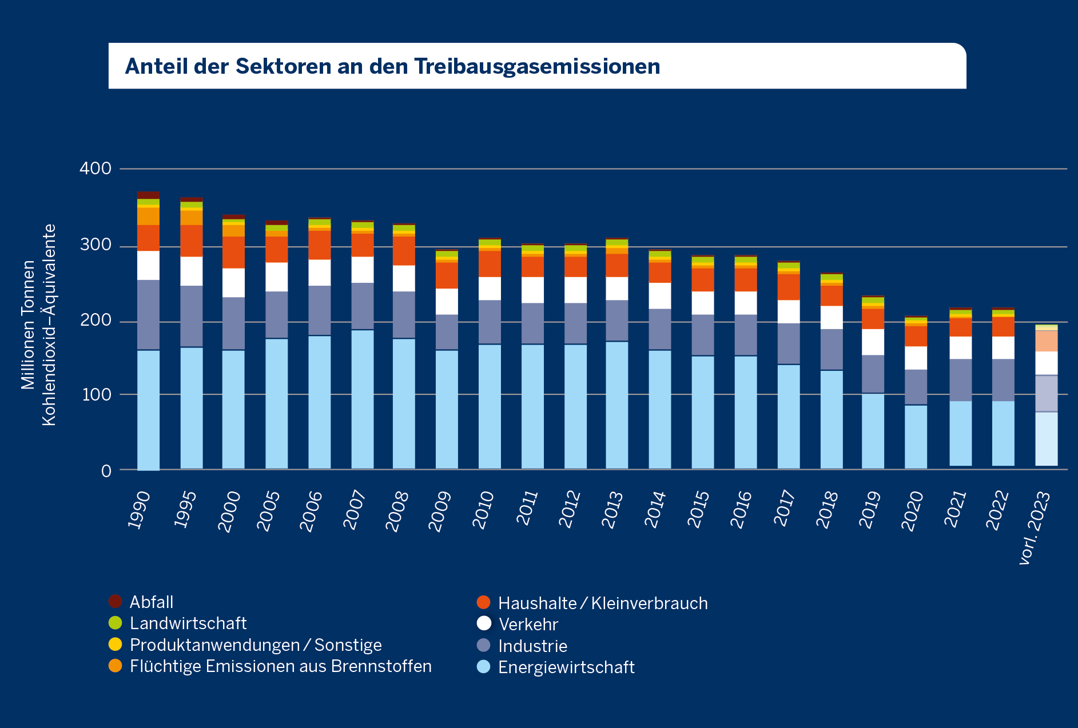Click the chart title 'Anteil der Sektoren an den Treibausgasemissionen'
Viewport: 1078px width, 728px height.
(392, 66)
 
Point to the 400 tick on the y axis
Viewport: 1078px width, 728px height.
(96, 169)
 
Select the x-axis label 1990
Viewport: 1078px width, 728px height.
(139, 510)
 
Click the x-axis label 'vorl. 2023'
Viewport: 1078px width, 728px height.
(1036, 527)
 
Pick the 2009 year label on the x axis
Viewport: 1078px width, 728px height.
(440, 511)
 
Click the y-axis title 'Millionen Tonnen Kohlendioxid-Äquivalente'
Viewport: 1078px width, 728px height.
(38, 325)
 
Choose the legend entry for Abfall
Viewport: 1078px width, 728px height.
(151, 602)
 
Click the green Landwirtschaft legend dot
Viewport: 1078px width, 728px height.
(116, 623)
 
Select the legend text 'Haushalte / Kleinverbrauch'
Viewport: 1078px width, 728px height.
(603, 603)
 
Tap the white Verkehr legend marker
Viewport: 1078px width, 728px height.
(484, 623)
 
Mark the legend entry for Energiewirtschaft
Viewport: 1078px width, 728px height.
(566, 667)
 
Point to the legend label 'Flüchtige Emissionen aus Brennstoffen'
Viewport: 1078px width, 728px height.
(280, 666)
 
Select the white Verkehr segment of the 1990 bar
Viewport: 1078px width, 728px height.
(148, 265)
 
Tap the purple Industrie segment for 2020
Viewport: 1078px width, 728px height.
(916, 387)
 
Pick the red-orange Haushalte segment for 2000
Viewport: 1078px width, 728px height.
(233, 252)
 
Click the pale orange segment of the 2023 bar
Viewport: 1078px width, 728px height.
(1046, 341)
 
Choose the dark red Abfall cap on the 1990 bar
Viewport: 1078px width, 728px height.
(148, 195)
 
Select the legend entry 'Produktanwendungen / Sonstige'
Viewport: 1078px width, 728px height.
(255, 645)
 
